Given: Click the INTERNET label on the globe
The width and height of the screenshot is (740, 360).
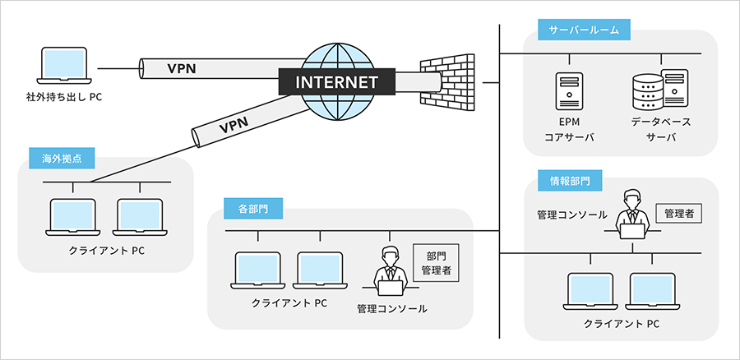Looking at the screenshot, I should pos(335,82).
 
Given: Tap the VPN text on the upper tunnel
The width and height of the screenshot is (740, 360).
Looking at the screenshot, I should pos(181,68).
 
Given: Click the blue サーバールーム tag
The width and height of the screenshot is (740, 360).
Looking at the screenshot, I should pos(584,31).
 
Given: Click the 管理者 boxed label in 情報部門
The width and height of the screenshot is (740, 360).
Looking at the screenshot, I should pos(679,214).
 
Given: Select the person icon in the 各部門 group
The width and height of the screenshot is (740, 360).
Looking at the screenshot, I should pos(388,270).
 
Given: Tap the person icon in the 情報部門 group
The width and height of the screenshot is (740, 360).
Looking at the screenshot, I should pos(631,215).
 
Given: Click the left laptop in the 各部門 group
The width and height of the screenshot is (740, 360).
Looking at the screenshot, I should pos(258,271).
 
